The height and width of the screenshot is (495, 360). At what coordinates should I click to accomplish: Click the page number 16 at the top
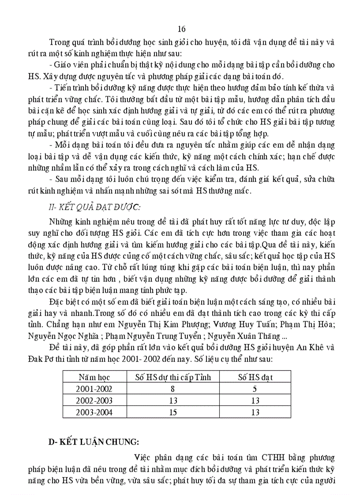(181, 30)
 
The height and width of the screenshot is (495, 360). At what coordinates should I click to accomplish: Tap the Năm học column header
(94, 377)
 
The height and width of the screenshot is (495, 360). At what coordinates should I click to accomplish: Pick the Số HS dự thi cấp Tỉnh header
(173, 377)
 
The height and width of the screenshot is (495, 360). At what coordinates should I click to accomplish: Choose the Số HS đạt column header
(255, 377)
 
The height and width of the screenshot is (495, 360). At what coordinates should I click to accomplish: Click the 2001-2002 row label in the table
(94, 389)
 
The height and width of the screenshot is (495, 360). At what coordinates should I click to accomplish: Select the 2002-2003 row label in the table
(94, 401)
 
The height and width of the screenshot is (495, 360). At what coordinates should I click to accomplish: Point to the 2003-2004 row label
(94, 413)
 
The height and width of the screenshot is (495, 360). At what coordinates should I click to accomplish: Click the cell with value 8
(173, 389)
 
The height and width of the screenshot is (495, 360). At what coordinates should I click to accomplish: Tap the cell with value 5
(255, 389)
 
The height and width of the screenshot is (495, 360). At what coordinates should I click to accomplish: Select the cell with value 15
(173, 413)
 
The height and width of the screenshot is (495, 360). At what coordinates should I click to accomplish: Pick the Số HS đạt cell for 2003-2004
(255, 413)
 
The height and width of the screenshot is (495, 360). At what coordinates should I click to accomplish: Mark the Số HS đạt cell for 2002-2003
(255, 401)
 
